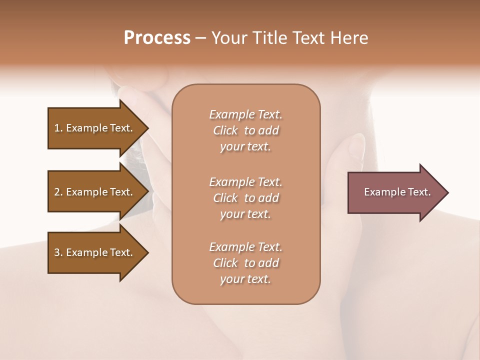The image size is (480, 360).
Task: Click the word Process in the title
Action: click(x=157, y=38)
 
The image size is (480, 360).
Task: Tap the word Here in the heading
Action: click(x=349, y=38)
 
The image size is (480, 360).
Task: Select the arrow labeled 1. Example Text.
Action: click(x=93, y=128)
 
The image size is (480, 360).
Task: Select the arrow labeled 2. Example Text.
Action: click(x=93, y=192)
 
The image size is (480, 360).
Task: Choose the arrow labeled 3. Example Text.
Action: click(x=93, y=252)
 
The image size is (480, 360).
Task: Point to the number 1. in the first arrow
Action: click(x=58, y=128)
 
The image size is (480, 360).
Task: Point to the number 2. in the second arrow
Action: click(x=58, y=192)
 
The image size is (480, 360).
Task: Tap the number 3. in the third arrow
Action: click(x=58, y=252)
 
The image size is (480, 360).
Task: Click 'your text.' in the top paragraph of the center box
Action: click(x=245, y=147)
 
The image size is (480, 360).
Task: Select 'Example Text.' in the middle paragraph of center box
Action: click(x=245, y=182)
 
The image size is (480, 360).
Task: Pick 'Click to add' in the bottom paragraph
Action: click(x=245, y=263)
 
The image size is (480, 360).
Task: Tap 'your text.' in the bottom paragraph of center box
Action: click(x=245, y=279)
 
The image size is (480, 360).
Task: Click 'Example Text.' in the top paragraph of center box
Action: click(x=245, y=114)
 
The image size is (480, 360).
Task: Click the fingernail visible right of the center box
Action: click(x=356, y=145)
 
